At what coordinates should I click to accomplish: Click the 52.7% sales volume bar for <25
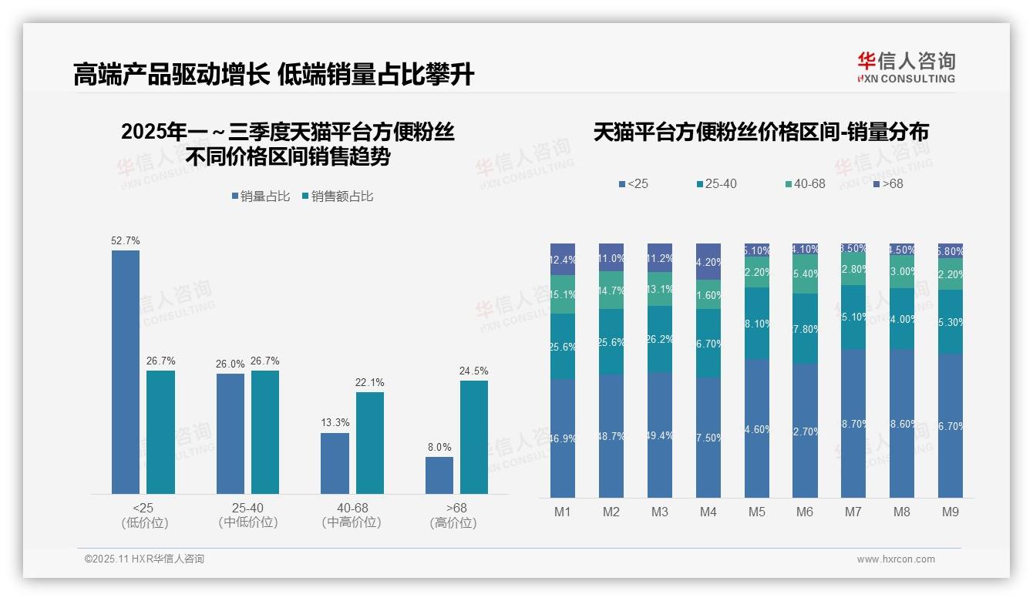[126, 371]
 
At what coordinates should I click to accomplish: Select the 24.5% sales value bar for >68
[474, 437]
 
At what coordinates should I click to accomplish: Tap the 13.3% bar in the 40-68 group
[335, 463]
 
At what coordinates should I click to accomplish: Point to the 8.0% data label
[439, 448]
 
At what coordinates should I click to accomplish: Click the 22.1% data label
[370, 383]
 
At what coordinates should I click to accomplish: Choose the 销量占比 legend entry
[261, 196]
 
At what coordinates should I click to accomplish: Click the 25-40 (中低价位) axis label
[247, 515]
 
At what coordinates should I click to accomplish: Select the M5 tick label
[756, 512]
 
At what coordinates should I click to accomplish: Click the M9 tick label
[951, 512]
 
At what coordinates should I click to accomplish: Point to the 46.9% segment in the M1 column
[563, 438]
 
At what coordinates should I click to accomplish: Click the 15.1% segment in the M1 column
[563, 294]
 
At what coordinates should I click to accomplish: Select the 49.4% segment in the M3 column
[660, 435]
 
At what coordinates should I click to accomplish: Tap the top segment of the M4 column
[708, 262]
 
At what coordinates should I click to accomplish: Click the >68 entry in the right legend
[887, 184]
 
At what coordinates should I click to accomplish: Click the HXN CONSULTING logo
[906, 68]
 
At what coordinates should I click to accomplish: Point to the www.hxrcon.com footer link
[896, 559]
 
